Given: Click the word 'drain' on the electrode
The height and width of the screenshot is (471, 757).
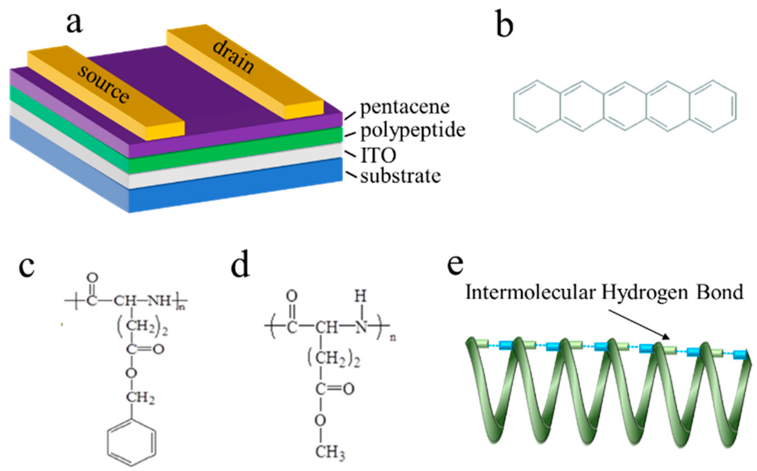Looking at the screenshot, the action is pos(233,57).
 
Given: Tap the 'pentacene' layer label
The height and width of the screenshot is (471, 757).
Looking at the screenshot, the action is pos(405,108).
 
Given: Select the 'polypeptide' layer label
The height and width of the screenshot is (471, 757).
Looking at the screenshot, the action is pos(413,131).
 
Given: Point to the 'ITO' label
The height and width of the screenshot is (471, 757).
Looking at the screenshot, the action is pos(378,155).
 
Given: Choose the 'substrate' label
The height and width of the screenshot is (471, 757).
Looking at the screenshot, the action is pos(401,176).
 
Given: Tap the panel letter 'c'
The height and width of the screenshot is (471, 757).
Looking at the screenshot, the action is pos(27,268).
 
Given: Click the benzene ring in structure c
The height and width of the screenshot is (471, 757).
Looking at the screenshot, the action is pos(131,442).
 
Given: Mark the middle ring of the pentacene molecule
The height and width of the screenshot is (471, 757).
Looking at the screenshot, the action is pos(625,106).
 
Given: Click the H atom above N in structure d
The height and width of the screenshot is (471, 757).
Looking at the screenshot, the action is pos(360,297).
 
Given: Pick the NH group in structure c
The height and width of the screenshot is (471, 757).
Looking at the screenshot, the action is pos(159,301).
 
